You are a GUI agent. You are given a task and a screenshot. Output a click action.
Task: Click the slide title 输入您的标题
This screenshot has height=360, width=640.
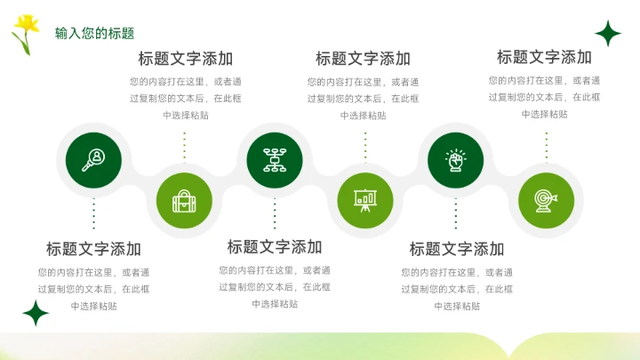[x=94, y=34]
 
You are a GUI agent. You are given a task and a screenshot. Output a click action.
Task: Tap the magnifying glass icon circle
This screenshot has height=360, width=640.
[x=93, y=161]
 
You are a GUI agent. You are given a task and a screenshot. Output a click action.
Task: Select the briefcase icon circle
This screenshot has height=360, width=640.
[x=184, y=201]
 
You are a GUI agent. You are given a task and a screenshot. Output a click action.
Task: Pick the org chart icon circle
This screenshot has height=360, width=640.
[x=274, y=161]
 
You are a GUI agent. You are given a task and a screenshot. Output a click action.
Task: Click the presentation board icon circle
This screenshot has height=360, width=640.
[x=364, y=201]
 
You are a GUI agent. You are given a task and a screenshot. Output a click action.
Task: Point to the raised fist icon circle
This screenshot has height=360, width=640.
[x=456, y=161]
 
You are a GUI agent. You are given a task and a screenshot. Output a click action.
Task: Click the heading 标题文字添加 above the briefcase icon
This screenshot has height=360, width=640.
[x=185, y=59]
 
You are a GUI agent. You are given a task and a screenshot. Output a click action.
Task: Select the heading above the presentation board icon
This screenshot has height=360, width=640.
[x=363, y=59]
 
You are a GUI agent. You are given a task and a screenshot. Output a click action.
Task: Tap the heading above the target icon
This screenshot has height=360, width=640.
[x=544, y=58]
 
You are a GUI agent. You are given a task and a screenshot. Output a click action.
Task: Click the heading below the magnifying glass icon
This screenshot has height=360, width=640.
[x=93, y=249]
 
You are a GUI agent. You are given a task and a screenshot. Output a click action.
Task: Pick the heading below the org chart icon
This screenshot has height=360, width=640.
[x=275, y=247]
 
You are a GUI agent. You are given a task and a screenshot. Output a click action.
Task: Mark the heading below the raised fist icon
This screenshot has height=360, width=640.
[x=456, y=249]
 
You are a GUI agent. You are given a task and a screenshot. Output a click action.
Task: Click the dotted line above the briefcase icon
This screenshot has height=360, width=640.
[x=184, y=148]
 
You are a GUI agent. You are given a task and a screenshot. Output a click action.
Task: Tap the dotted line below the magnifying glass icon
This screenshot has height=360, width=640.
[x=93, y=214]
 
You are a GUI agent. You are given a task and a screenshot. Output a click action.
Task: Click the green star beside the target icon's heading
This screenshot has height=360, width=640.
[x=608, y=34]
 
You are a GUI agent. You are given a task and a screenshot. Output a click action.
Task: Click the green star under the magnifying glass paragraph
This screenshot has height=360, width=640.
[x=36, y=313]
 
